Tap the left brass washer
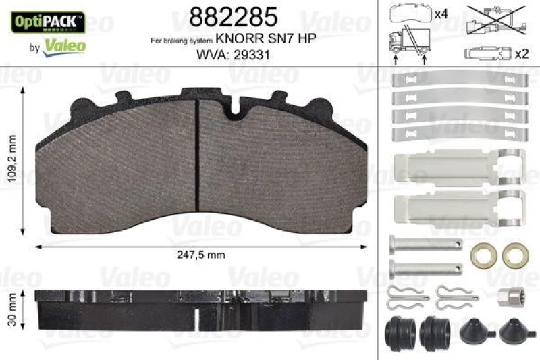(x=480, y=254)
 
